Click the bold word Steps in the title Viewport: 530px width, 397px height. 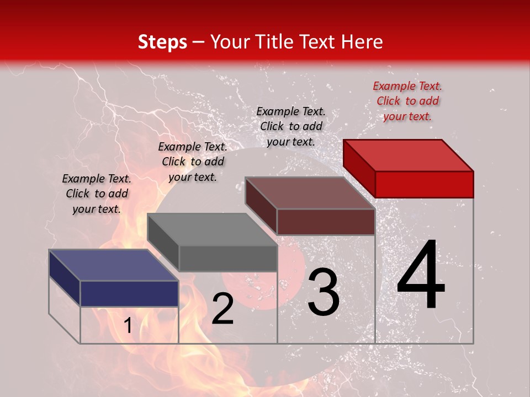point(162,42)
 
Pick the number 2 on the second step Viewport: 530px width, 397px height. point(222,309)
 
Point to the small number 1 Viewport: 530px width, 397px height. point(128,326)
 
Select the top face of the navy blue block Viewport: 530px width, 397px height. point(113,265)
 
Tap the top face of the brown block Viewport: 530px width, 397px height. point(309,193)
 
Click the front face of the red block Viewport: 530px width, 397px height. point(424,184)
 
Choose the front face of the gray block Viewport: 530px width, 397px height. point(227,259)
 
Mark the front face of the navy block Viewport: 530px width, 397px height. point(129,293)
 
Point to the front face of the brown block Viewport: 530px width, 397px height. point(326,222)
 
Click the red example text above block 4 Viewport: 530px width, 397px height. point(407,101)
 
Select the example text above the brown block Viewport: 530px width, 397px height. point(291,126)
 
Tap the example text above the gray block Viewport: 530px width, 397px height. point(193,162)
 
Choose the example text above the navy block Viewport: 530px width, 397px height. point(97,194)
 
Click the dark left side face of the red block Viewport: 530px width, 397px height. point(359,168)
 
